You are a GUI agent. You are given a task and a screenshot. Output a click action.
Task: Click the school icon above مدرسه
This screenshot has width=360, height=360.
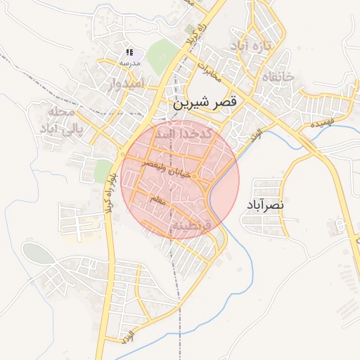click(x=129, y=53)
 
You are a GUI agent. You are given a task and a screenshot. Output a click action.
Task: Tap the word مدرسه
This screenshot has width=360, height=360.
click(x=129, y=63)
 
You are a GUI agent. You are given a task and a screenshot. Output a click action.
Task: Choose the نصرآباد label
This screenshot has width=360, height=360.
click(x=265, y=205)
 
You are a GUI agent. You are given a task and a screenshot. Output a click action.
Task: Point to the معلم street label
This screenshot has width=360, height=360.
click(x=159, y=202)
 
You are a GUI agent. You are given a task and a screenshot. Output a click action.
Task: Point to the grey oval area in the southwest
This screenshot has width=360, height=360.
click(x=37, y=253)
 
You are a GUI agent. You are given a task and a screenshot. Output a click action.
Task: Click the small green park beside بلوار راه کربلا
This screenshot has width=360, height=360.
click(x=103, y=169)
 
